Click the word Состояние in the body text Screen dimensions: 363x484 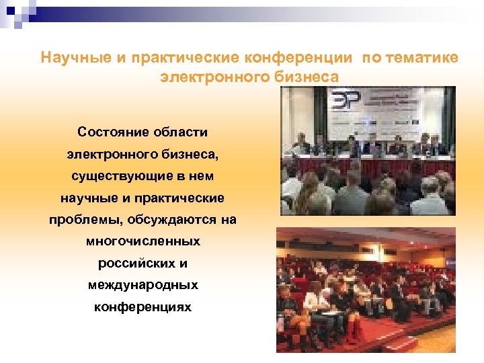coord(108,132)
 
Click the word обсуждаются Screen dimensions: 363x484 coord(172,220)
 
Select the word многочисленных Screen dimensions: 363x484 coord(143,241)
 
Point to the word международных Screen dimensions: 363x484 coord(143,285)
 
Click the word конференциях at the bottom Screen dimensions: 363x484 coord(143,307)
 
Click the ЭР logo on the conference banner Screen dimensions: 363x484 coord(346,101)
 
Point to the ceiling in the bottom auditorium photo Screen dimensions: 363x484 coord(366,239)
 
